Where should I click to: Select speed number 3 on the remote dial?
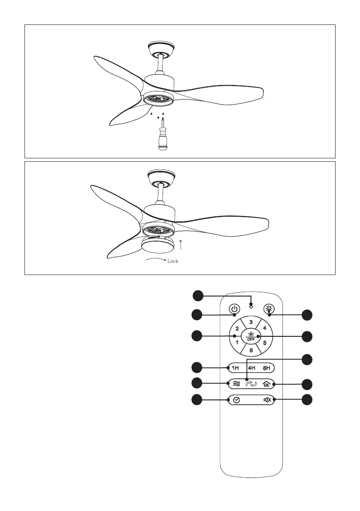click(251, 322)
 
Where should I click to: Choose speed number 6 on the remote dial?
click(251, 350)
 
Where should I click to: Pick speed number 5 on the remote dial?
click(265, 343)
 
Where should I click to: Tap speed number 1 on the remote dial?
click(237, 343)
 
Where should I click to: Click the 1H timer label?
click(236, 368)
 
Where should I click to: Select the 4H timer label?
click(251, 368)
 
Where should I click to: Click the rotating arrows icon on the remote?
click(251, 384)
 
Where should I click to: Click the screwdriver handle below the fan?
click(162, 142)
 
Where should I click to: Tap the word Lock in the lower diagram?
click(172, 261)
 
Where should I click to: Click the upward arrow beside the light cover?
click(182, 245)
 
